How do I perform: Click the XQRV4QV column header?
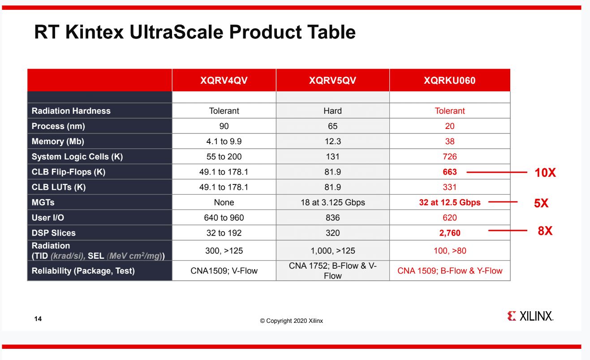pyautogui.click(x=224, y=81)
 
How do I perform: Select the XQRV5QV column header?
pyautogui.click(x=332, y=81)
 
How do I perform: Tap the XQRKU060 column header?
pyautogui.click(x=450, y=81)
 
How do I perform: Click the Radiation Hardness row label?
pyautogui.click(x=71, y=111)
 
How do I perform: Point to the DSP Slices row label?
pyautogui.click(x=54, y=233)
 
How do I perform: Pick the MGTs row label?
pyautogui.click(x=43, y=202)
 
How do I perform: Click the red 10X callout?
pyautogui.click(x=545, y=173)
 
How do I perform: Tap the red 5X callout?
pyautogui.click(x=541, y=203)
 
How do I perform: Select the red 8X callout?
pyautogui.click(x=545, y=231)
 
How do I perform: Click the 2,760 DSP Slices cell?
pyautogui.click(x=450, y=233)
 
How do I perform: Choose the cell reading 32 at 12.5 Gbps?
pyautogui.click(x=450, y=202)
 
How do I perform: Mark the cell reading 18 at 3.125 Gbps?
pyautogui.click(x=332, y=202)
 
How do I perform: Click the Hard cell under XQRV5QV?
pyautogui.click(x=332, y=111)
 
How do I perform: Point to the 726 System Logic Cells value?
pyautogui.click(x=450, y=157)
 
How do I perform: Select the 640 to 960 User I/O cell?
pyautogui.click(x=224, y=218)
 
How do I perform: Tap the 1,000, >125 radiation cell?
pyautogui.click(x=332, y=251)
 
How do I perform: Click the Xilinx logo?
pyautogui.click(x=530, y=316)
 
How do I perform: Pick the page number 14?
pyautogui.click(x=38, y=319)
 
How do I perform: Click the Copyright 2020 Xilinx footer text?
pyautogui.click(x=291, y=321)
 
